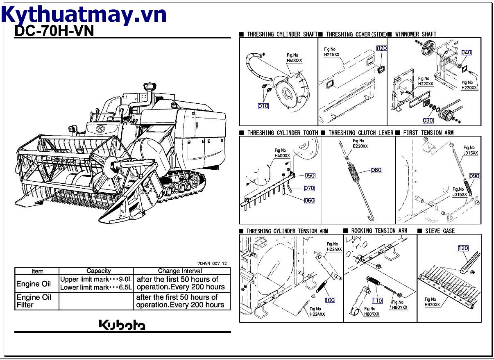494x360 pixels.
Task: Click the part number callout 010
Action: click(x=263, y=106)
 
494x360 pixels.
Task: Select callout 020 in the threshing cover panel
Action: click(x=381, y=48)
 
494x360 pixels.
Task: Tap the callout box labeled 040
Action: click(x=466, y=52)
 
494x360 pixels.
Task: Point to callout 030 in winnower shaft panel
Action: click(x=428, y=121)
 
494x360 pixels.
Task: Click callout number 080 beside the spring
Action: click(x=376, y=170)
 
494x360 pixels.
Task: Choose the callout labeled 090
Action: click(x=474, y=176)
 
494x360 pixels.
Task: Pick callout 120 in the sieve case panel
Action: click(x=463, y=248)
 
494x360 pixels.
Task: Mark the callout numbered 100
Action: click(x=330, y=300)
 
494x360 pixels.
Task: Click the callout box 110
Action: click(x=377, y=301)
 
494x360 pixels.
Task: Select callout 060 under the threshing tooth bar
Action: click(x=309, y=201)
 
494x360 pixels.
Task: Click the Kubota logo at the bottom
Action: click(x=122, y=325)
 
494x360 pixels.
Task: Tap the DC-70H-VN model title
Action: click(x=54, y=31)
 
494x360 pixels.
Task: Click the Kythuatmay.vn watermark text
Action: click(x=84, y=14)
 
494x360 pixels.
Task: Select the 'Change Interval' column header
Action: click(x=180, y=271)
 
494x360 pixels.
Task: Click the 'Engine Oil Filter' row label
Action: click(x=34, y=301)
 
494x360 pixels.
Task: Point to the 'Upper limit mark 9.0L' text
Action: click(x=96, y=279)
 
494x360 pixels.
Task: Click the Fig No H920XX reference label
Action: click(x=432, y=302)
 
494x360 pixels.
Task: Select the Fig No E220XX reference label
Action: click(x=360, y=144)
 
